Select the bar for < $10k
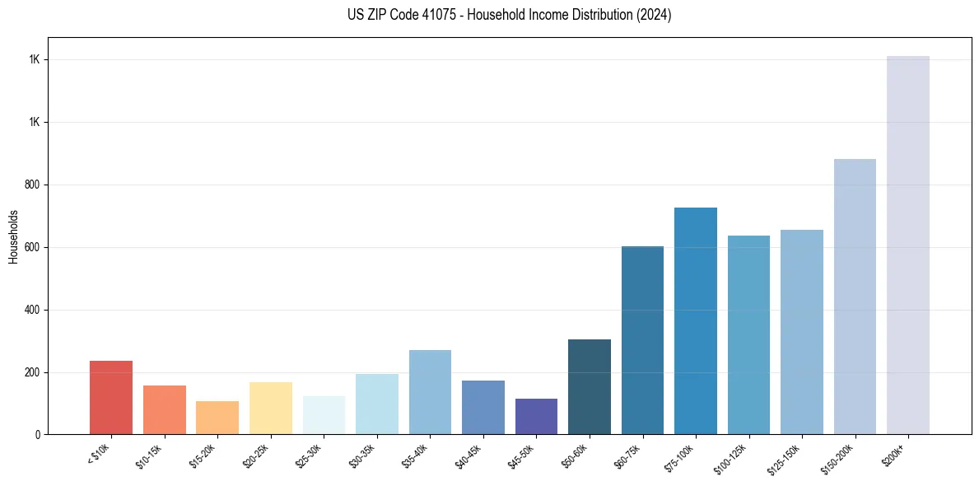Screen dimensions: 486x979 [x=111, y=397]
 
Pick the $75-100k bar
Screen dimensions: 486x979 [x=696, y=321]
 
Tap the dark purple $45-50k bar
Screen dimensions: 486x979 [x=536, y=416]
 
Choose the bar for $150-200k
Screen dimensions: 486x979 [x=855, y=297]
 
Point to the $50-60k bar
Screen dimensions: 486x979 [x=590, y=386]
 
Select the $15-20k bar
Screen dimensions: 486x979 [x=217, y=418]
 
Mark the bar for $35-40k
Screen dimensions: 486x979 [x=430, y=392]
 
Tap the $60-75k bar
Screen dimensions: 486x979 [x=642, y=340]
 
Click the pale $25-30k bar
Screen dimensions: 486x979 [x=324, y=415]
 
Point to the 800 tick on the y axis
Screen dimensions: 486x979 [x=33, y=185]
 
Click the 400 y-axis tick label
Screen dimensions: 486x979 [x=33, y=310]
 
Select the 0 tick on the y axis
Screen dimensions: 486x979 [x=38, y=434]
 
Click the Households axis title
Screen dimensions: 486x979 [x=13, y=236]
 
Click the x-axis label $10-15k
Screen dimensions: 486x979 [x=149, y=454]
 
